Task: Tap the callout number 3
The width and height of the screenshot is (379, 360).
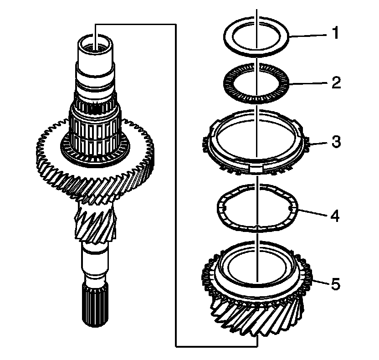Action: coord(335,142)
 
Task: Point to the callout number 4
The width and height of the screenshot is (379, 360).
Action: coord(335,215)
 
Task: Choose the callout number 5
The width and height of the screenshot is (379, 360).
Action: coord(335,285)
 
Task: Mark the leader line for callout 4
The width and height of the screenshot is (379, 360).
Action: coord(312,213)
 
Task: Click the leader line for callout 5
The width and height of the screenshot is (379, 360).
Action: coord(317,283)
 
